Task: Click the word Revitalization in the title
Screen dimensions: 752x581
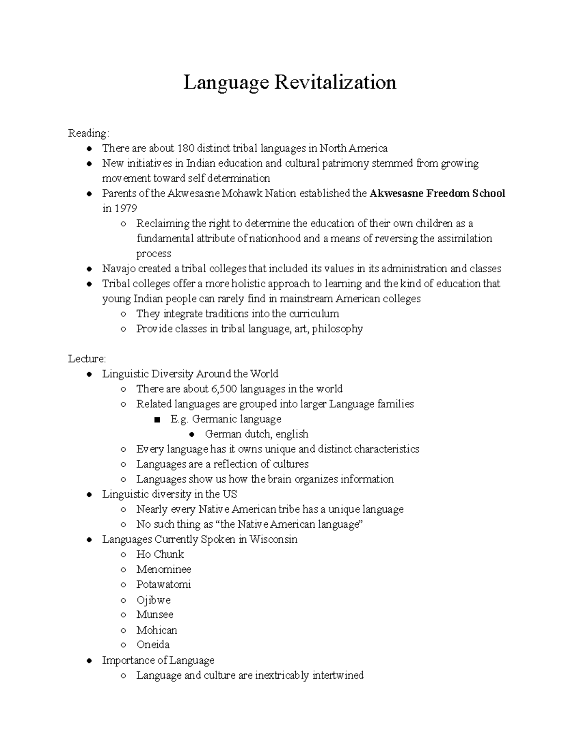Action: (x=336, y=82)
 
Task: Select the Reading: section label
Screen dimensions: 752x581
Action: (x=89, y=133)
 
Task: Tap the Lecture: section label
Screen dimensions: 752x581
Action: (x=87, y=359)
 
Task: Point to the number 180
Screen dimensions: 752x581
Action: (x=185, y=148)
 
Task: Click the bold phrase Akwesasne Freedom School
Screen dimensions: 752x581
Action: (x=437, y=194)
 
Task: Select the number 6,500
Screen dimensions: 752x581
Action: (x=224, y=389)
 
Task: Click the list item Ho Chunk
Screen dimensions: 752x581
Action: (x=160, y=554)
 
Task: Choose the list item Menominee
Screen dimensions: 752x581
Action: (x=164, y=569)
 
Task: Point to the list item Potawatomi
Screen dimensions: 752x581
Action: (x=164, y=584)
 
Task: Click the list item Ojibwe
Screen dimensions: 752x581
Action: (x=153, y=600)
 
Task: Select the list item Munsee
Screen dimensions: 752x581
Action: (x=155, y=614)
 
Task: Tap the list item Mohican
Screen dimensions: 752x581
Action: (x=157, y=630)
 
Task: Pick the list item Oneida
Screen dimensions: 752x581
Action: (x=153, y=645)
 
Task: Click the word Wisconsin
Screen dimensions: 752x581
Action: (x=273, y=539)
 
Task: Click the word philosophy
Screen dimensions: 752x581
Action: (x=337, y=329)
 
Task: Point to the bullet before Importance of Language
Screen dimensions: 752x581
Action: (x=89, y=661)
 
